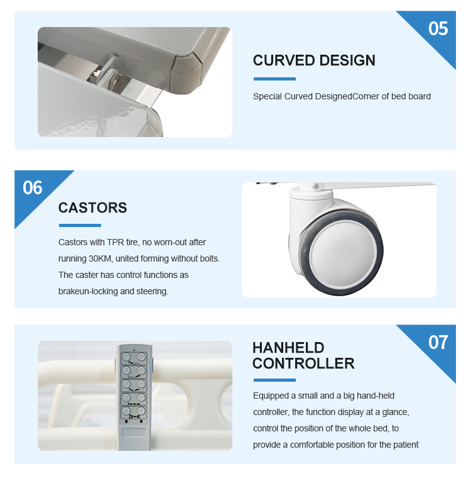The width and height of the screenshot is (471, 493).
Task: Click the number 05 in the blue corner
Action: point(438,29)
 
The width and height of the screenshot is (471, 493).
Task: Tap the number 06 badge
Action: point(33,188)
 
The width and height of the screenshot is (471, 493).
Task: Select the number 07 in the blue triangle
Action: point(438,342)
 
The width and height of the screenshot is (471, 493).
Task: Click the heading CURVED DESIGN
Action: point(314,60)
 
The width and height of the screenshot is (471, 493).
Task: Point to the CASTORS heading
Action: point(93,208)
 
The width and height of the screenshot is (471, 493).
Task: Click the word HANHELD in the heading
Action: point(288,348)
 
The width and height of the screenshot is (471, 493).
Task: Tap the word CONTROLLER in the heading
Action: point(303,363)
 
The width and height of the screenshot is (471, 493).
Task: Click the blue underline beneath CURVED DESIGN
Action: point(274,79)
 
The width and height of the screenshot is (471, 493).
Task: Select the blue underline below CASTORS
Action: point(80,225)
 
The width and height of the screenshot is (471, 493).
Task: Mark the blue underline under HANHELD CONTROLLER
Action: point(274,380)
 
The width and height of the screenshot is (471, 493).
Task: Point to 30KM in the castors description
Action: point(100,259)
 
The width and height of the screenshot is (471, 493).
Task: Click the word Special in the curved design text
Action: point(268,97)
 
